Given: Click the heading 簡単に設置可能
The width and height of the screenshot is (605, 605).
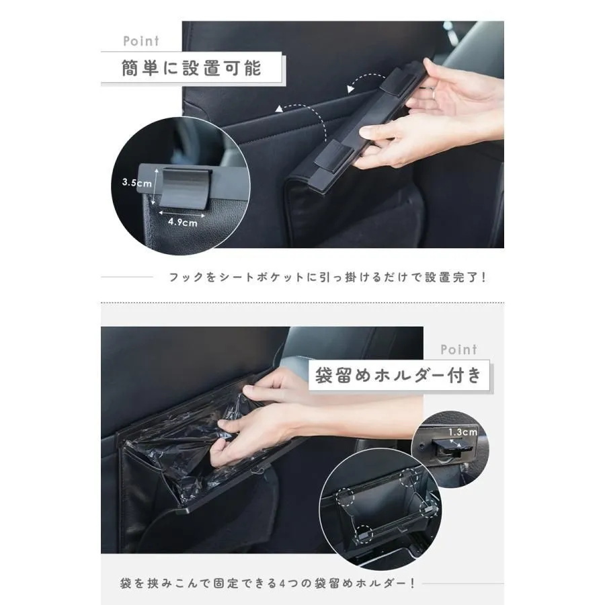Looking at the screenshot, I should (x=192, y=67).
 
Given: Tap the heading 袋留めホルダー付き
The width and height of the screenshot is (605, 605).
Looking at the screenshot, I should (x=399, y=375).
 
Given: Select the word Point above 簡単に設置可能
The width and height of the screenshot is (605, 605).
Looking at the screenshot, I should (x=141, y=41).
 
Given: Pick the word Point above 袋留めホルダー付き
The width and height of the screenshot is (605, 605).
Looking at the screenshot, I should (x=458, y=350).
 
